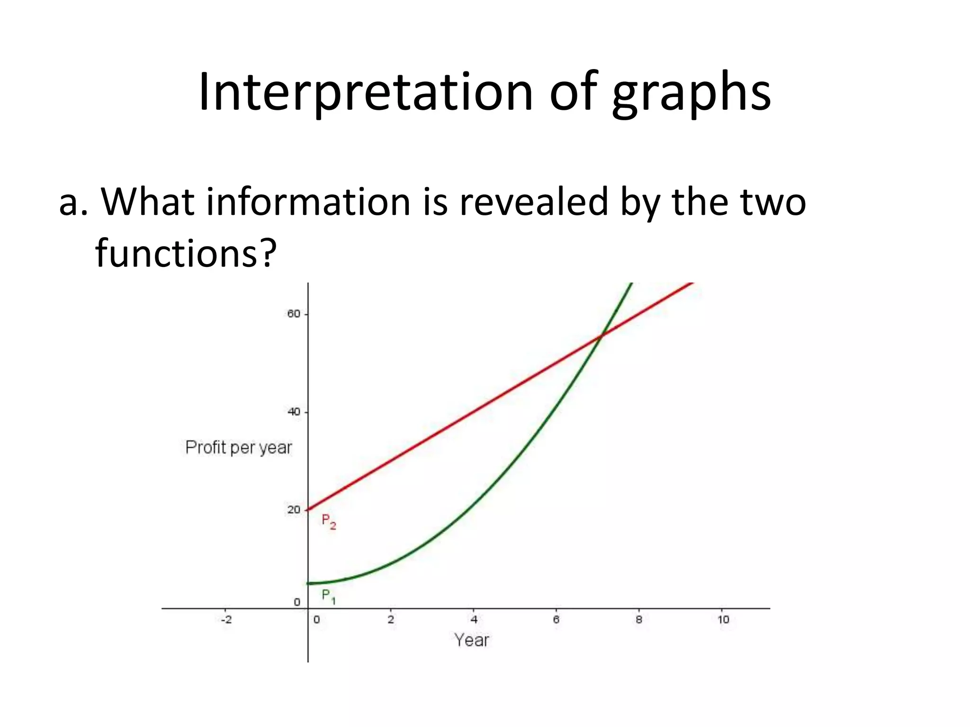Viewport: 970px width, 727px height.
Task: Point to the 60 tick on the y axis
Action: tap(294, 314)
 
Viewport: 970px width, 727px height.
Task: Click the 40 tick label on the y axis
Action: tap(294, 412)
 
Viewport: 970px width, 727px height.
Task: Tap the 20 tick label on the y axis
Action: tap(294, 510)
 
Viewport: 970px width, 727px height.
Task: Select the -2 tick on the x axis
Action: tap(227, 620)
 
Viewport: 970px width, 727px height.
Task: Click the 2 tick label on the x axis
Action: tap(391, 620)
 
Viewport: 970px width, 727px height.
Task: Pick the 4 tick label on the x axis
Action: tap(474, 620)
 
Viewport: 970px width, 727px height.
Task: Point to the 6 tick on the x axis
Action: tap(556, 620)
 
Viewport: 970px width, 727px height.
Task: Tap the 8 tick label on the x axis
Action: tap(639, 620)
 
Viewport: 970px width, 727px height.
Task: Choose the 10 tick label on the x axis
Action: tap(723, 620)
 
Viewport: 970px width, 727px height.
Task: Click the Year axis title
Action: tap(471, 640)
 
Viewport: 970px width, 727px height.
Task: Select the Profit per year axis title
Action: tap(238, 447)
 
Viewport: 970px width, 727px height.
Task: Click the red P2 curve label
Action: tap(328, 521)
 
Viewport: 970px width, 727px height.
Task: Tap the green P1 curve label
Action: tap(328, 596)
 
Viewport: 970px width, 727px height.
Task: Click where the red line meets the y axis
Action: tap(308, 510)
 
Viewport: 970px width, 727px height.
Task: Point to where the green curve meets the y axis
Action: tap(308, 583)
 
